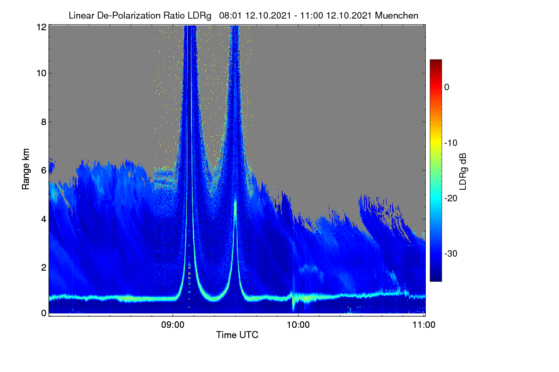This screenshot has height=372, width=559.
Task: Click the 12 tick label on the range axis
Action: (41, 27)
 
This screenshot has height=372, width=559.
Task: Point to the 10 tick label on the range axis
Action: (41, 73)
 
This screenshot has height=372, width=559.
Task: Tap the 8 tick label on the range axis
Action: (44, 122)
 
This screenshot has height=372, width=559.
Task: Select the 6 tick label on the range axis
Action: (44, 171)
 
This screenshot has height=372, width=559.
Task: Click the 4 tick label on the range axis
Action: (44, 219)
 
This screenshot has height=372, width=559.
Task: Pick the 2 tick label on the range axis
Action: (44, 267)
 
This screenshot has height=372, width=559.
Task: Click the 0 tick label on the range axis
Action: (44, 313)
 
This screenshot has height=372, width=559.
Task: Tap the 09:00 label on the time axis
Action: (173, 325)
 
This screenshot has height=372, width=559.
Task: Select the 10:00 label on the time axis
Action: (298, 325)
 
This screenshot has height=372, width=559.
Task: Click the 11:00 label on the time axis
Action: (424, 325)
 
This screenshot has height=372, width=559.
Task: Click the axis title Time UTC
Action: (237, 335)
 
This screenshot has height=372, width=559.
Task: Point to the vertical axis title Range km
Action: (26, 169)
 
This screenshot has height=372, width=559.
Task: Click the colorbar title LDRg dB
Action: (463, 172)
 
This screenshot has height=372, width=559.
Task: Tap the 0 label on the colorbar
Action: (447, 87)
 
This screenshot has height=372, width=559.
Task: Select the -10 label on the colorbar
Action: (451, 143)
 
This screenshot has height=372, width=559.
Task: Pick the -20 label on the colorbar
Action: (451, 199)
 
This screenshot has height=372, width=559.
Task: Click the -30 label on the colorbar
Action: (451, 253)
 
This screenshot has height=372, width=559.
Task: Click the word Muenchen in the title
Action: (396, 15)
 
